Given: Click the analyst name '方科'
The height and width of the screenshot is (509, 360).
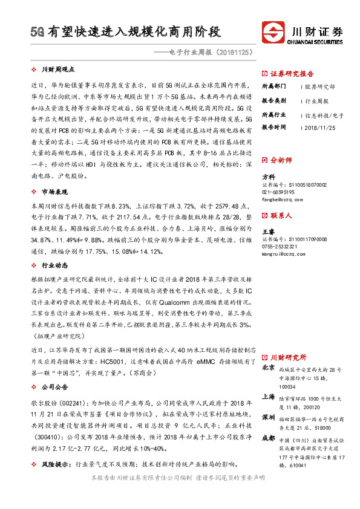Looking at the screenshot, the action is (268, 177).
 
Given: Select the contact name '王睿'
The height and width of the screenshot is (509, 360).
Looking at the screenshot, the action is (268, 231).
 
